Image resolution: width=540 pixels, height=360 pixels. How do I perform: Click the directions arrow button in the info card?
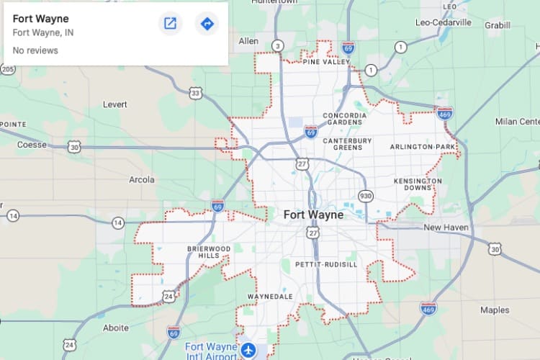coord(207,24)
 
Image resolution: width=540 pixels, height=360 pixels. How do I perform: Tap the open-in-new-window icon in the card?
coord(170,24)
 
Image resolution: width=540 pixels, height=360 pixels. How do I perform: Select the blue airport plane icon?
coord(248,351)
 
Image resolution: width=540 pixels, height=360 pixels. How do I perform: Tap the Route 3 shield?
coord(277,46)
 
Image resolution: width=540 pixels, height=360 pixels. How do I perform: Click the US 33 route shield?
coord(196,93)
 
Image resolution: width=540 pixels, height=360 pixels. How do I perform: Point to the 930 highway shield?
coord(366,196)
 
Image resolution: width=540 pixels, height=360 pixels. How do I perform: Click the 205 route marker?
coord(7,69)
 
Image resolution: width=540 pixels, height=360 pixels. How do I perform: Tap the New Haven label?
coord(446,228)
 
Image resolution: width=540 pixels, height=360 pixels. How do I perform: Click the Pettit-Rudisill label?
coord(326,265)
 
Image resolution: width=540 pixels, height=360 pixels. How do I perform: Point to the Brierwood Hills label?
coord(209,252)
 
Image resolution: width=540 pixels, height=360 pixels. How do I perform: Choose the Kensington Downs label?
coord(418,184)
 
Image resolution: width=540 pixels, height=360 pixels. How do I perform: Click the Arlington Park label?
coord(423,147)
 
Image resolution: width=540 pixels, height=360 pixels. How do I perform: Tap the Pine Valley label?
coord(326,63)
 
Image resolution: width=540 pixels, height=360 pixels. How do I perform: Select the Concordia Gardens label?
coord(344,119)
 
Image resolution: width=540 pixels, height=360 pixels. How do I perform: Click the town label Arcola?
coord(142,179)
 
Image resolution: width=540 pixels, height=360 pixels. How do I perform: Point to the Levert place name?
coord(114,104)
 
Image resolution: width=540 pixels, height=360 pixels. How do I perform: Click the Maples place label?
coord(495,310)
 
